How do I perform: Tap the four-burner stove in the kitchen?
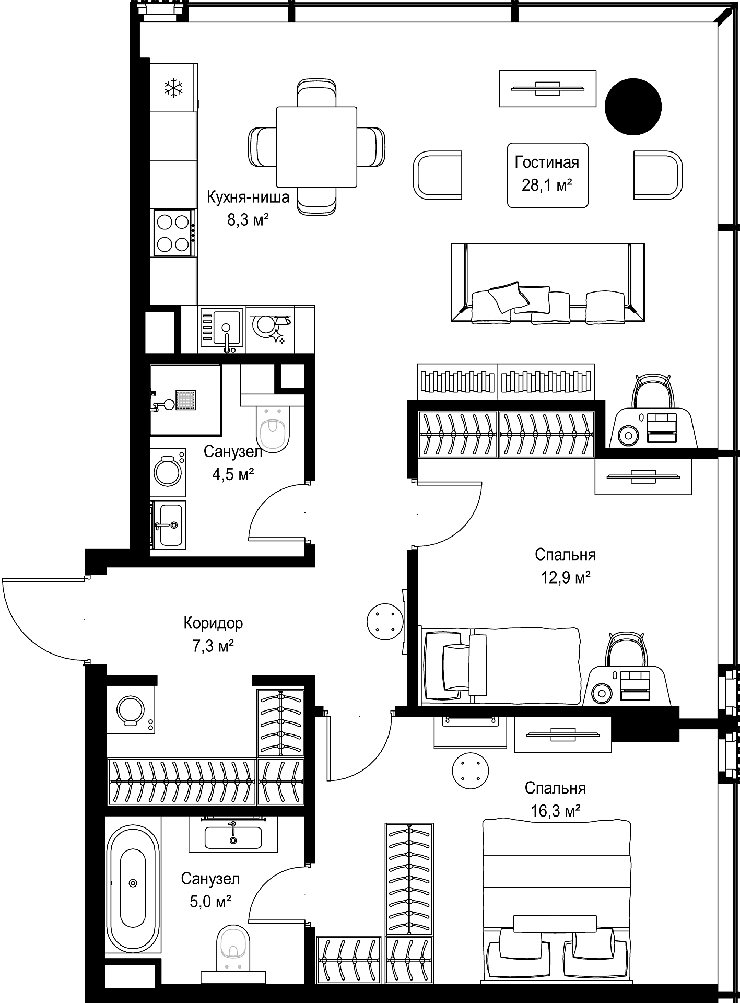[x=174, y=233]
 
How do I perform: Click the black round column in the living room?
[x=633, y=107]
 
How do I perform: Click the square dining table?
[x=316, y=147]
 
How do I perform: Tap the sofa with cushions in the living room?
[x=547, y=283]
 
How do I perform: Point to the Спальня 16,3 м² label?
[x=555, y=799]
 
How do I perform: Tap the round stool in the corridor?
[x=385, y=620]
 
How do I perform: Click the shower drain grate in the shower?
[x=186, y=401]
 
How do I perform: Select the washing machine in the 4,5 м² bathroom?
[x=168, y=471]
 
